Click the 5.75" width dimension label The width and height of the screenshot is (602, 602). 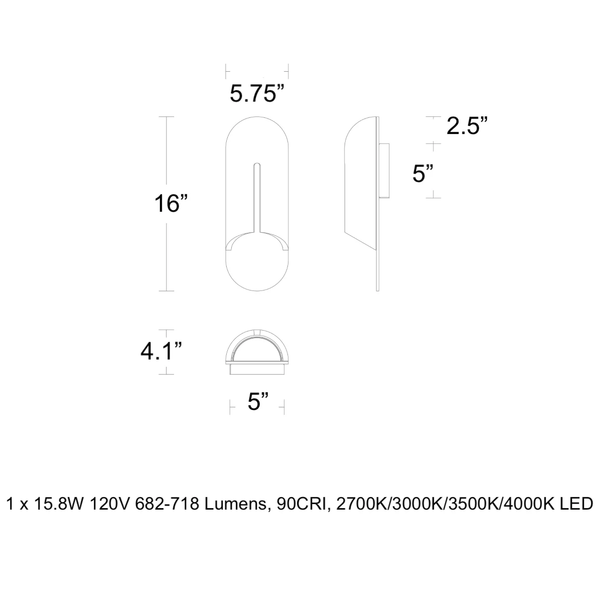coord(257,93)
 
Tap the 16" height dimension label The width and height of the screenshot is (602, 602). coord(171,203)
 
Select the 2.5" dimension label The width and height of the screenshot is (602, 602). coord(467,126)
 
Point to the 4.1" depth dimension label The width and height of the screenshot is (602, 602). coord(161,351)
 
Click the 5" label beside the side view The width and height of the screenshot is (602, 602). coord(423,174)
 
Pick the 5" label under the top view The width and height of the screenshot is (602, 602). coord(258,401)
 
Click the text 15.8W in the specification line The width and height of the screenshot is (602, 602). coord(59,504)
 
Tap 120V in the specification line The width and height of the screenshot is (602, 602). coord(109,504)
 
